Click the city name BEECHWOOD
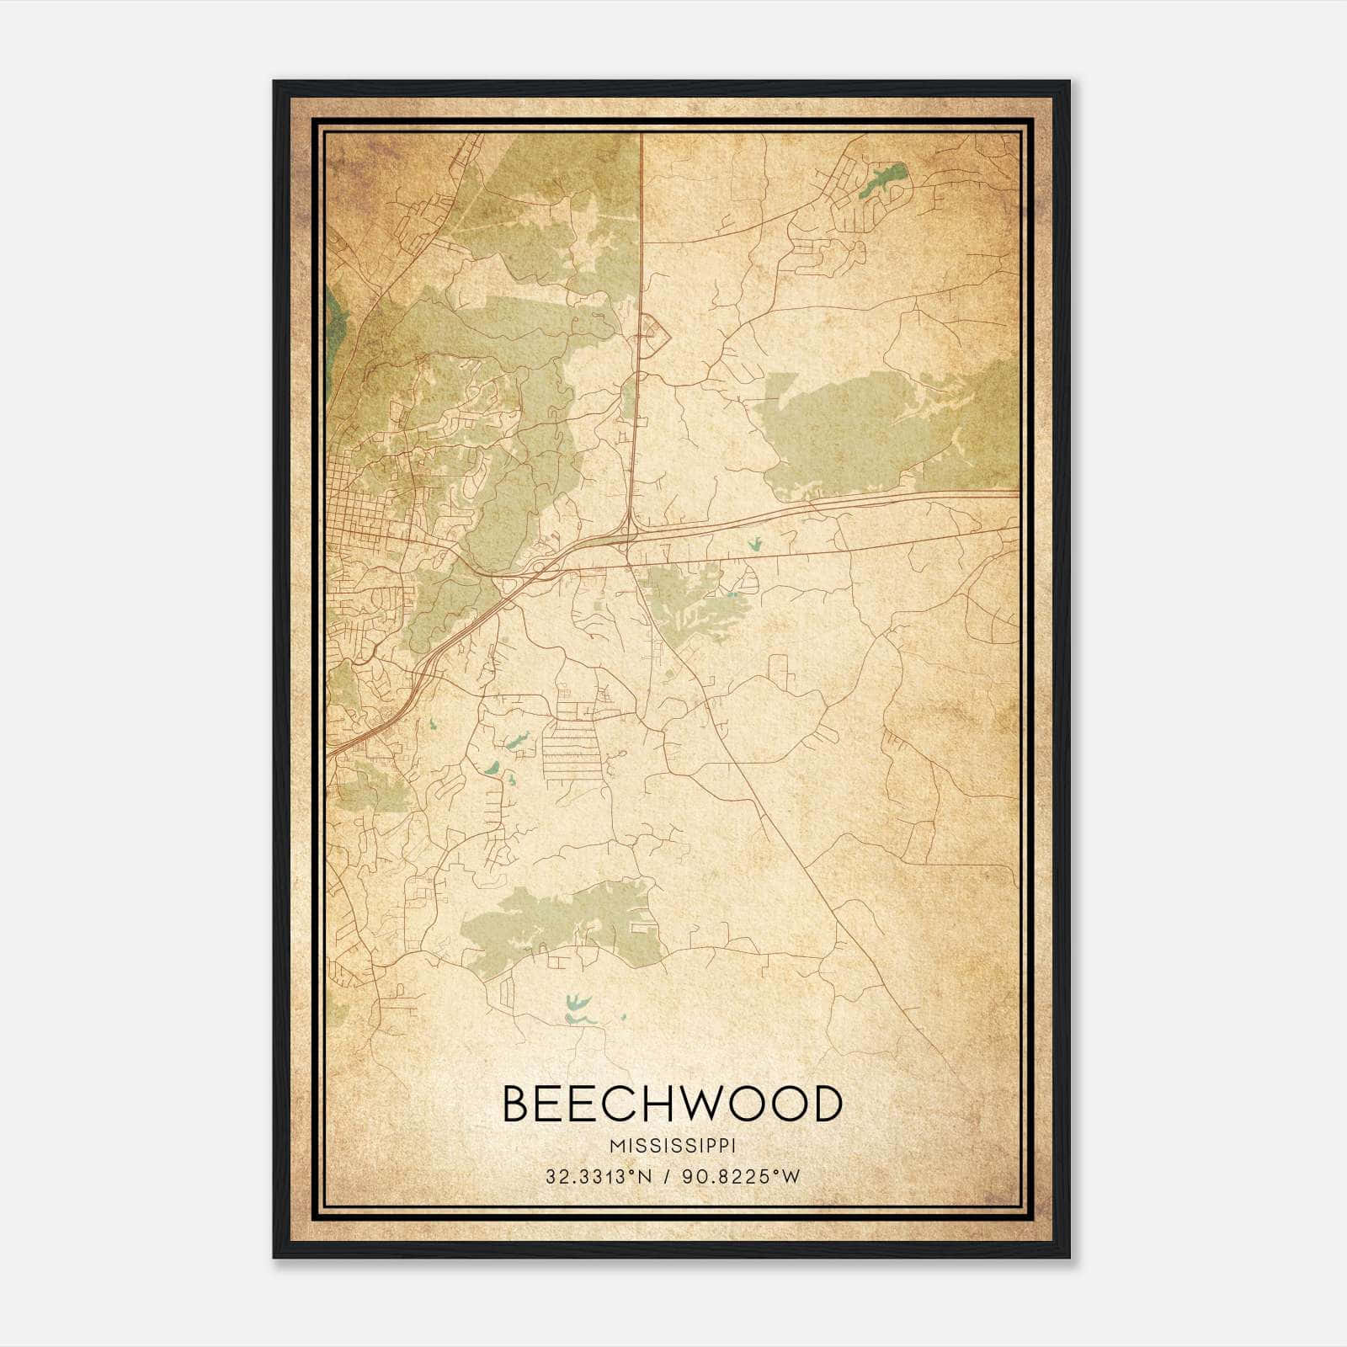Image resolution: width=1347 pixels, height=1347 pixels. [x=672, y=1104]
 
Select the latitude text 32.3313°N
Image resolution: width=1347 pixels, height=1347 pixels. [x=599, y=1177]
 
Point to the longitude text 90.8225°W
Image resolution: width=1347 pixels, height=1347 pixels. [x=742, y=1177]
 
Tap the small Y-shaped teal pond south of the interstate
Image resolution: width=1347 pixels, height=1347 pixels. [x=755, y=545]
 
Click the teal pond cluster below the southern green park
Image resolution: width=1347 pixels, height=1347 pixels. [x=578, y=1009]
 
